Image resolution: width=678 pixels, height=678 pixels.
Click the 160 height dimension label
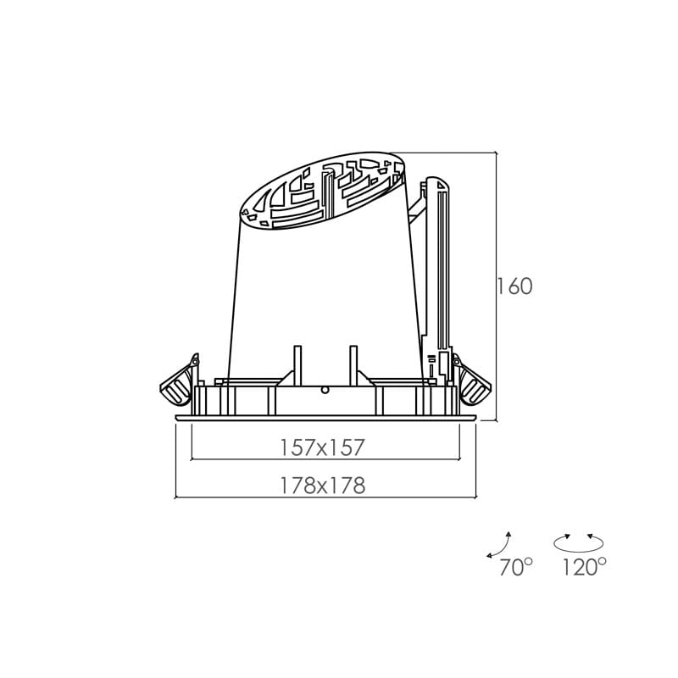514,286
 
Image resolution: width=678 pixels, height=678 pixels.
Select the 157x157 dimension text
323,447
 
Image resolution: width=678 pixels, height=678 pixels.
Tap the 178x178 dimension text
323,486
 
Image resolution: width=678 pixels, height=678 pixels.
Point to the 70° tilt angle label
516,567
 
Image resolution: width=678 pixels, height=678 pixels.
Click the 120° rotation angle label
584,566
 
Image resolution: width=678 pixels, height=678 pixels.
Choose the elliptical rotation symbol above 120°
579,543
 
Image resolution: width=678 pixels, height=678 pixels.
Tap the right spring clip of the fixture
471,381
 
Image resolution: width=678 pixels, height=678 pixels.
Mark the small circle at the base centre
325,390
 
